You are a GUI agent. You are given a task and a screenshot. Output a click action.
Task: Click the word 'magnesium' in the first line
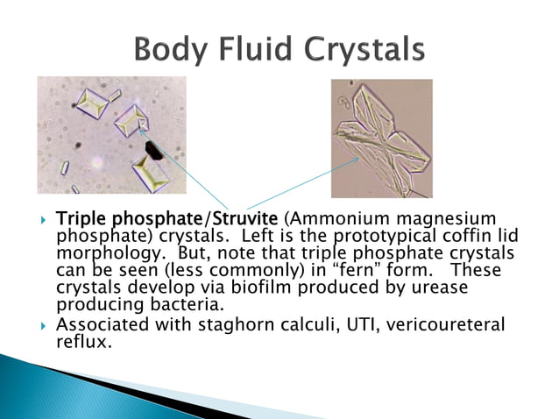click(433, 217)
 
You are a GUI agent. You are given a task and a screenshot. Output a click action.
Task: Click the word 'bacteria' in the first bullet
click(180, 305)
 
